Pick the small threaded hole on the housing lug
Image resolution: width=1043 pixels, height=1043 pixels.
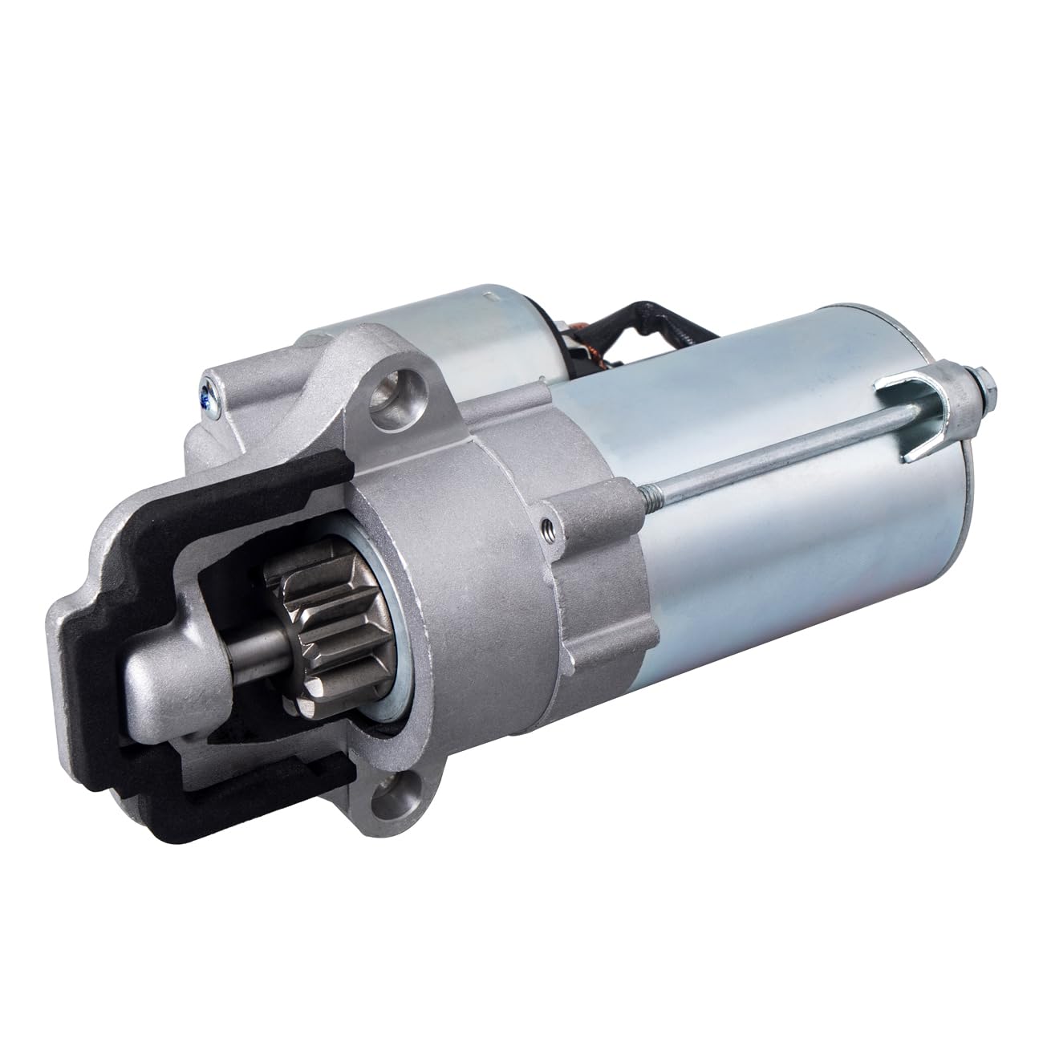coord(546,526)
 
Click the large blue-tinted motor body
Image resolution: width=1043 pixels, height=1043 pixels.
coord(770,562)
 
